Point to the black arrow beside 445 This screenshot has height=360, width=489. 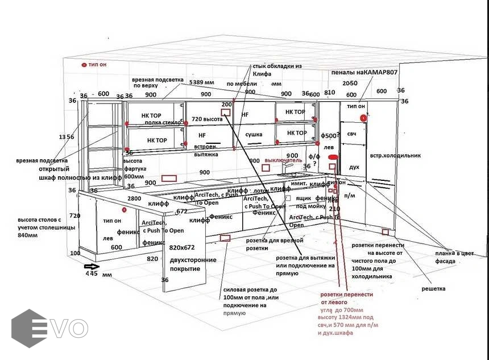point(92,266)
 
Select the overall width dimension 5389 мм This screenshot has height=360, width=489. point(202,82)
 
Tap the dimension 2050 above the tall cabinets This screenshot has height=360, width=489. point(350,83)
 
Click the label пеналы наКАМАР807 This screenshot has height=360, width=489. point(364,73)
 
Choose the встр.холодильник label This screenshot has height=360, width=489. point(395,155)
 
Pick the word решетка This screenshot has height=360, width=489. point(433,288)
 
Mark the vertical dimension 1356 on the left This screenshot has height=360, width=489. point(67,137)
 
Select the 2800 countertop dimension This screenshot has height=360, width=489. point(134,198)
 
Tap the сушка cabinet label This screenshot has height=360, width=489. point(254,135)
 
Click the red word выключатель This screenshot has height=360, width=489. point(283,161)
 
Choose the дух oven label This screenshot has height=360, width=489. point(354,167)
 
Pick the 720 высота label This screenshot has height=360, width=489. point(207,119)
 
